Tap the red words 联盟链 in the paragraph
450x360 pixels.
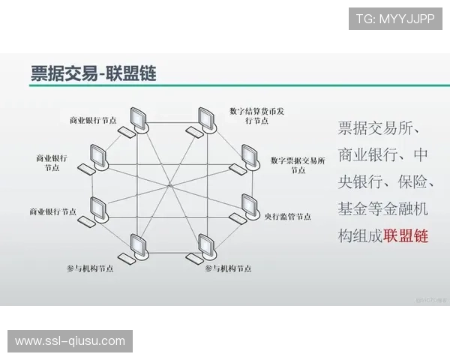coord(405,235)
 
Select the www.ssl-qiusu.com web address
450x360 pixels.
coord(70,341)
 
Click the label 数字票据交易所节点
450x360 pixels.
coord(298,165)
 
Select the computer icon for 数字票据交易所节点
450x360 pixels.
coord(249,155)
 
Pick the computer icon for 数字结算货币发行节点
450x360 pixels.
coord(205,119)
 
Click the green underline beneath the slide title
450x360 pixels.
coord(225,87)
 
